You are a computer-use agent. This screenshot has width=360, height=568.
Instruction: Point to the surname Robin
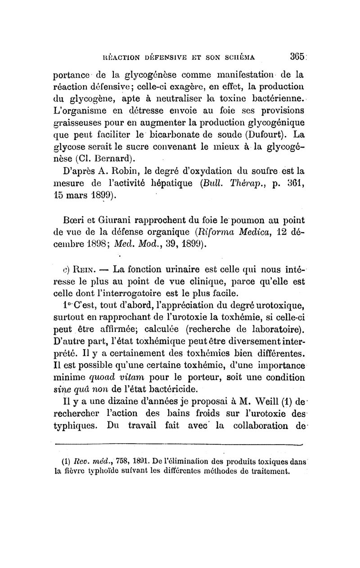coord(123,171)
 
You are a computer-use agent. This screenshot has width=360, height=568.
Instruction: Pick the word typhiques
coord(76,426)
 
